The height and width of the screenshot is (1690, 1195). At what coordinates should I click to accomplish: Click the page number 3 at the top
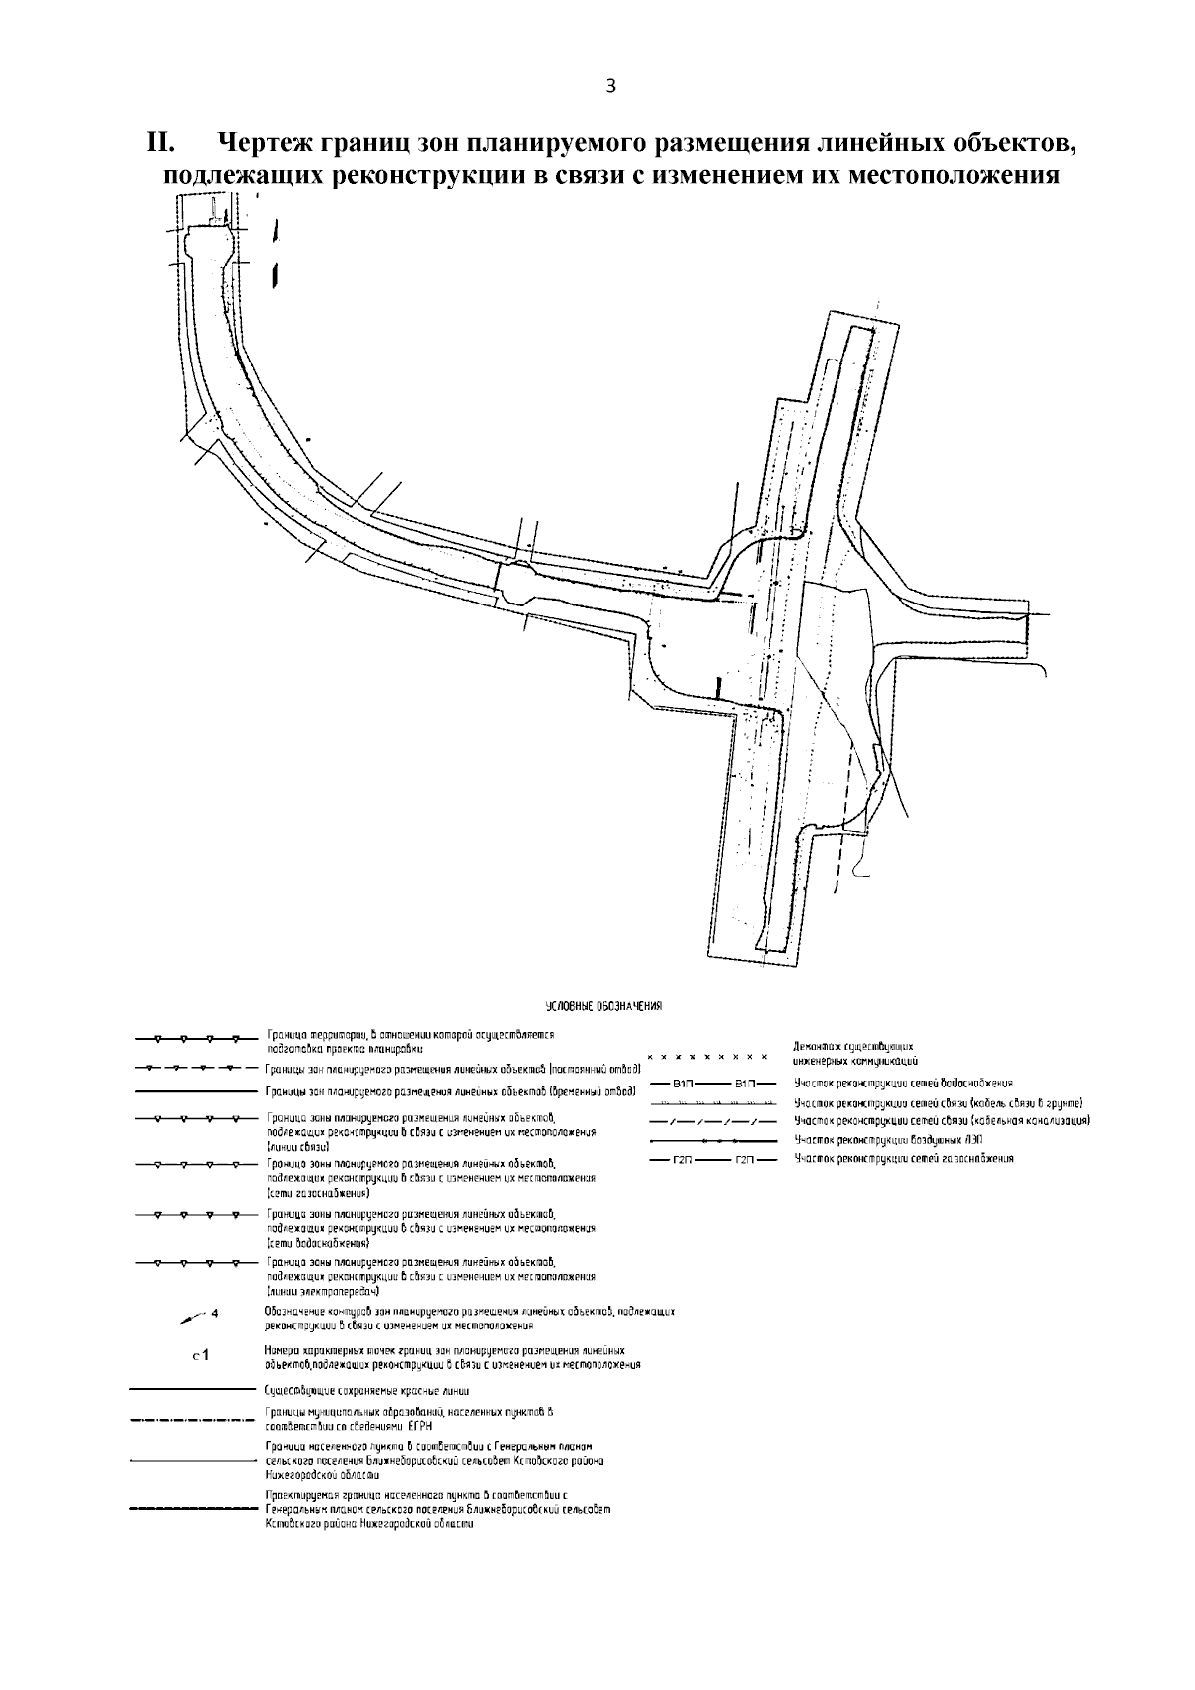click(x=611, y=87)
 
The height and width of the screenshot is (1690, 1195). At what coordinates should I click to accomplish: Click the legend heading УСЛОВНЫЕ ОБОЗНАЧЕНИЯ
click(x=603, y=1005)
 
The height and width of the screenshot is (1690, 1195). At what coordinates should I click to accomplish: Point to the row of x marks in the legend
click(x=707, y=1055)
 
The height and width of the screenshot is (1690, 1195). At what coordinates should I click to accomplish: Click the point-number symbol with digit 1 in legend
click(x=199, y=1355)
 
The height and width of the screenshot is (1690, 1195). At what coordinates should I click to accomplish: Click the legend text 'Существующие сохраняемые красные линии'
click(x=367, y=1390)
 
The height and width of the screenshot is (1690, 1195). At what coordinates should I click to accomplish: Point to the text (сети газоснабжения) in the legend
click(x=319, y=1192)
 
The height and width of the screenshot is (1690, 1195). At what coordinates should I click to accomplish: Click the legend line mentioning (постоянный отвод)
click(x=452, y=1069)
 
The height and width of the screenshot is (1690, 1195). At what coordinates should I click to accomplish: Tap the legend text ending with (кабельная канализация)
click(x=942, y=1121)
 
